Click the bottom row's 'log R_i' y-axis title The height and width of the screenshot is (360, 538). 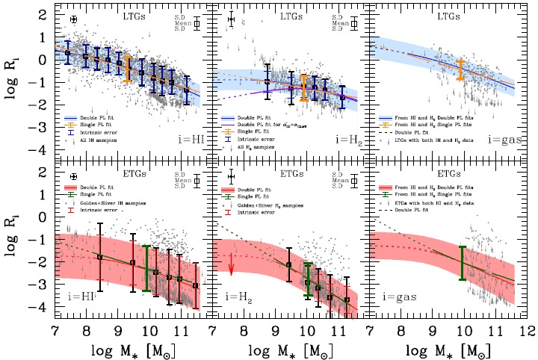[13, 246]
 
